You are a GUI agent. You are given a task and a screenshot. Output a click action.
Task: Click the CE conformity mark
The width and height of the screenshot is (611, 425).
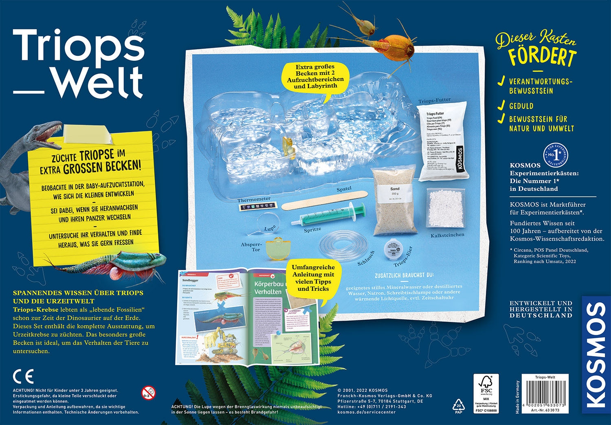[23, 377]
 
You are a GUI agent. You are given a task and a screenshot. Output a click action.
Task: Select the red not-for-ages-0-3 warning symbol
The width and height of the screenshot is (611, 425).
[148, 393]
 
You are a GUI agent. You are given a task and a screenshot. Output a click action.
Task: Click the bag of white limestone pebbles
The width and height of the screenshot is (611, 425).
[445, 209]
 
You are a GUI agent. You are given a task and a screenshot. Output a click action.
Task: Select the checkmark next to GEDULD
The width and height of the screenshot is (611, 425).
[501, 106]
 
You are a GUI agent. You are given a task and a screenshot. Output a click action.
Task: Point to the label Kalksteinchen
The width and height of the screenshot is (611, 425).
[447, 235]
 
